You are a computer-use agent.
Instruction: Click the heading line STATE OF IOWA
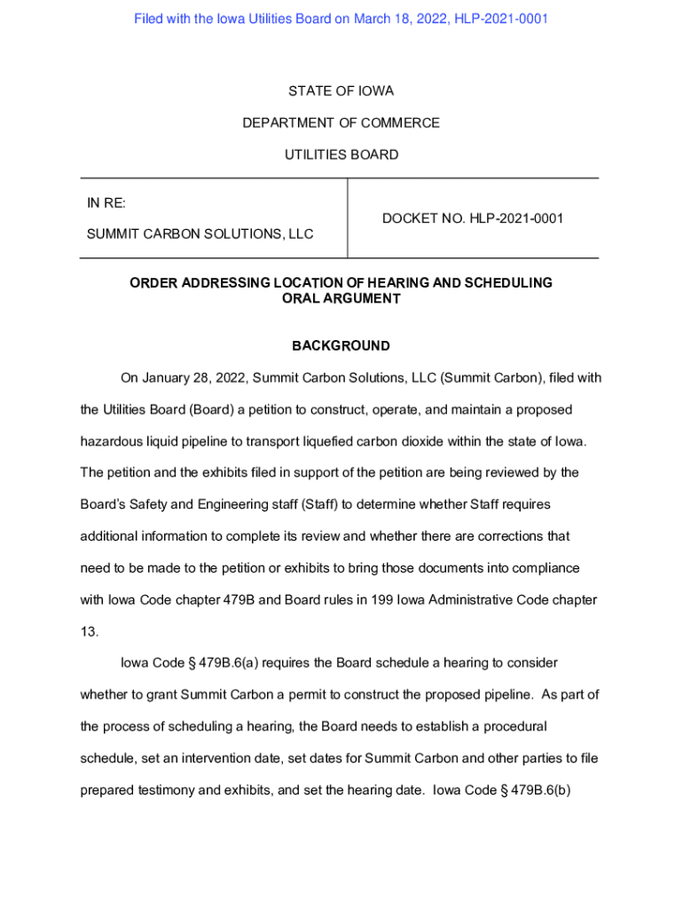tap(341, 91)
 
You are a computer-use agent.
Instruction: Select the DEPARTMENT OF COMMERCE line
tap(341, 123)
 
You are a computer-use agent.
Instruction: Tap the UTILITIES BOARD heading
tap(341, 155)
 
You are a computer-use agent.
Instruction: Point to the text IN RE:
tap(106, 203)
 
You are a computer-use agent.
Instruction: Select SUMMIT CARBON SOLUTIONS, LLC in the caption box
tap(200, 234)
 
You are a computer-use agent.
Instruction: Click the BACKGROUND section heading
tap(341, 346)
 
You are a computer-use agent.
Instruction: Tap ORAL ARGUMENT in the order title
tap(341, 299)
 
